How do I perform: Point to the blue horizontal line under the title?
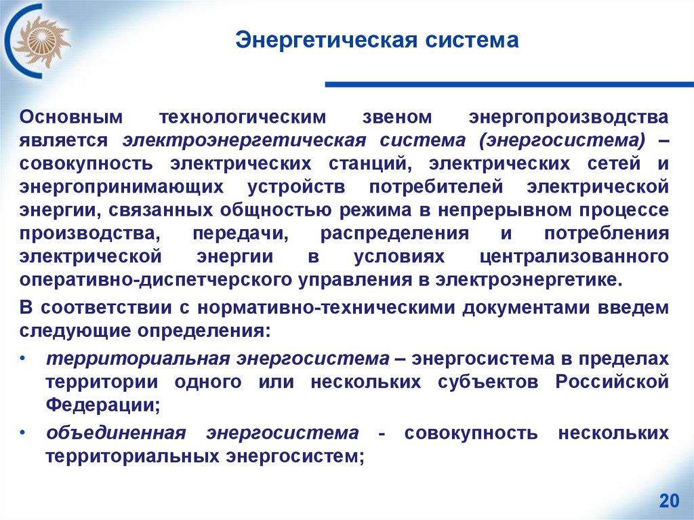coord(509,85)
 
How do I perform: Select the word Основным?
coord(72,117)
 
